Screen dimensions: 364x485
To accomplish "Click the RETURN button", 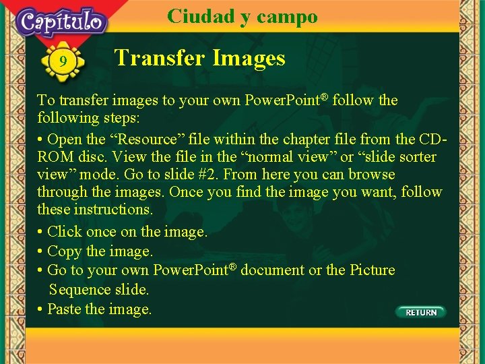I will [420, 312].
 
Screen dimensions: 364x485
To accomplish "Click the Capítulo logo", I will [62, 22].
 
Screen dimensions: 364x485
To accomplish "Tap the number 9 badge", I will [63, 62].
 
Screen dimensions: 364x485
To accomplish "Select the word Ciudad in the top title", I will [200, 16].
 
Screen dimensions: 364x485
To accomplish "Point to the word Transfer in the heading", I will [161, 58].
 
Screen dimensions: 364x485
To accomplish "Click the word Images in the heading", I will [249, 58].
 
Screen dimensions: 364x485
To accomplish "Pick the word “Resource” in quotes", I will [150, 140].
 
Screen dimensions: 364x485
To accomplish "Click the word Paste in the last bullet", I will [65, 309].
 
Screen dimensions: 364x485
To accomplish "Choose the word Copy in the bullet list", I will [65, 251].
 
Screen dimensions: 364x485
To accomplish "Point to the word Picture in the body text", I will [372, 270].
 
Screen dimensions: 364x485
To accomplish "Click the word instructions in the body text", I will [115, 210].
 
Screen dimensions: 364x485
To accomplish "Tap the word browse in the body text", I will [373, 175].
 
